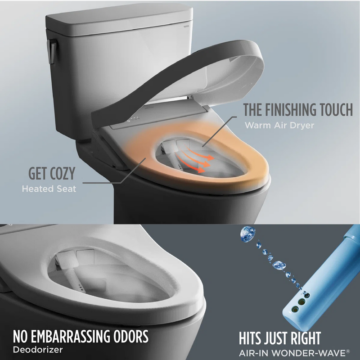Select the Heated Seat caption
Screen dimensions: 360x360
pyautogui.click(x=49, y=189)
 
